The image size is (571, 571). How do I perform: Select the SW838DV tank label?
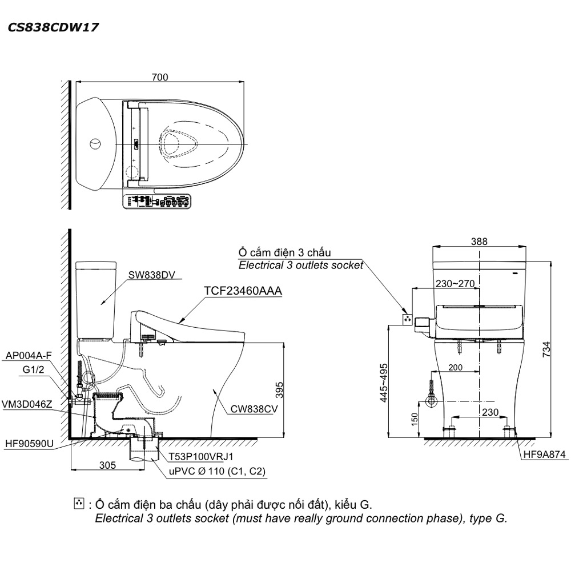147,275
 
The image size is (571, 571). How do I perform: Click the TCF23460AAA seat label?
243,291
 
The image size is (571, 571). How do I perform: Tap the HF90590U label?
29,443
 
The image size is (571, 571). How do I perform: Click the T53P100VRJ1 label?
200,457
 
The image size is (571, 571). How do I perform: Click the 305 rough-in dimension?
106,465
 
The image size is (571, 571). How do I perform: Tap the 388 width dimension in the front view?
479,242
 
